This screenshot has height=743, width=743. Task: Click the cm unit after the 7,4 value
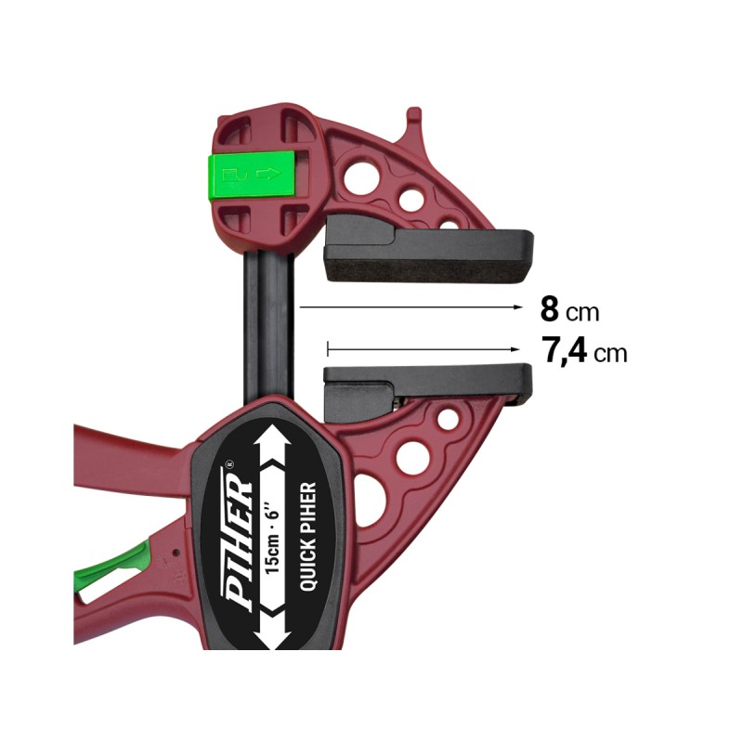[609, 354]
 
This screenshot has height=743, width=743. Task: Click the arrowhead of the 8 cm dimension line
[514, 305]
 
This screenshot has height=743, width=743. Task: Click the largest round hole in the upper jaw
[361, 176]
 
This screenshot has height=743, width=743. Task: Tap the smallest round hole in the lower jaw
[448, 419]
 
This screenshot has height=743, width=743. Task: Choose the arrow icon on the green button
[267, 172]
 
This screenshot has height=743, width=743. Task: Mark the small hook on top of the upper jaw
[413, 119]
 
